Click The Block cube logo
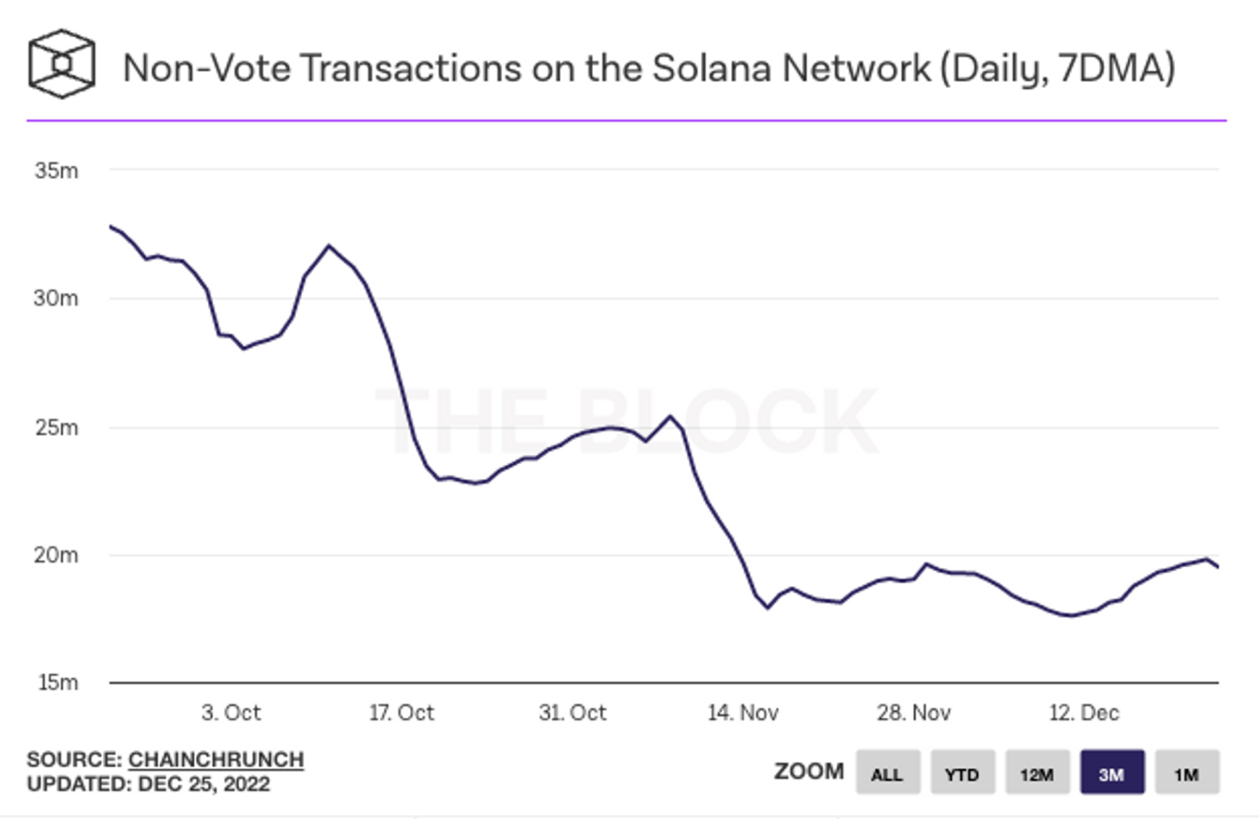pos(62,64)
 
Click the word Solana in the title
pos(712,69)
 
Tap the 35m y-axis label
pos(57,170)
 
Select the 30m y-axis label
pos(56,298)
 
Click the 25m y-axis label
pos(57,427)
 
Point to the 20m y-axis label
pos(56,555)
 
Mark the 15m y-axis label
pos(57,682)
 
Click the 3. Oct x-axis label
pos(231,713)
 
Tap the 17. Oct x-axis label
pos(401,713)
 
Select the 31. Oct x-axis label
pos(572,713)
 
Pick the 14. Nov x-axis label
pos(743,713)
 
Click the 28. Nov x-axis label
pos(913,713)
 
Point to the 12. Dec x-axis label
pos(1084,713)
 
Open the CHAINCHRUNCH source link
pos(216,759)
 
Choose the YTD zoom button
pos(962,772)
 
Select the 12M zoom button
pos(1037,772)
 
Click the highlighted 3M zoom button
pos(1112,772)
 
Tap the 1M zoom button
pos(1187,772)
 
